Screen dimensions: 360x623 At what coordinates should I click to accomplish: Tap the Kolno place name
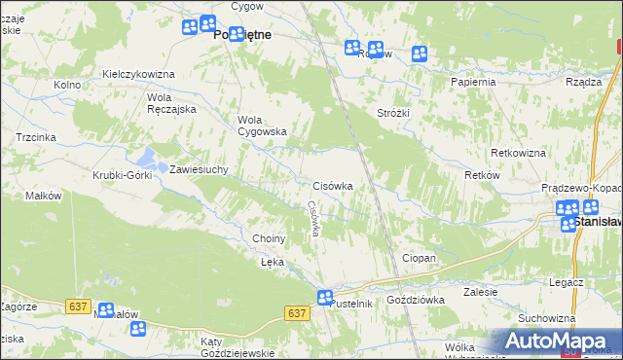tap(67, 85)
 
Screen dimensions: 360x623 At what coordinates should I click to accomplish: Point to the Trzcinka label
tap(35, 138)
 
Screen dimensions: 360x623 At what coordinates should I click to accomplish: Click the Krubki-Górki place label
tap(119, 175)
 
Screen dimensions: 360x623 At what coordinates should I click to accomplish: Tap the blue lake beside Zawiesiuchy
tap(147, 157)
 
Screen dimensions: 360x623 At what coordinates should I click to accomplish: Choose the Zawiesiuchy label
tap(199, 169)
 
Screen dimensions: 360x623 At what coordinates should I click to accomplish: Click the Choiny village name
tap(269, 238)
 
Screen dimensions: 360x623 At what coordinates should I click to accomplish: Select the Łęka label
tap(272, 262)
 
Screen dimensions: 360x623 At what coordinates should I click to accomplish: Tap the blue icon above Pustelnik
tap(325, 298)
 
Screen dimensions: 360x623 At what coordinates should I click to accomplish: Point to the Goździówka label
tap(416, 301)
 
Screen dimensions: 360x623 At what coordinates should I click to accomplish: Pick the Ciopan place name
tap(419, 258)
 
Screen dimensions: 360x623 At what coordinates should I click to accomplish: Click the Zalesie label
tap(481, 292)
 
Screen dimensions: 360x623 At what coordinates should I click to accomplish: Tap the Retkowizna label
tap(519, 154)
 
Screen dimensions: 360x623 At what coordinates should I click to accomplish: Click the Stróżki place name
tap(394, 113)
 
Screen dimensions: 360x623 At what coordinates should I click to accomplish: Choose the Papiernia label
tap(473, 82)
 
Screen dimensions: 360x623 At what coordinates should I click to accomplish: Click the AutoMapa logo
tap(556, 342)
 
